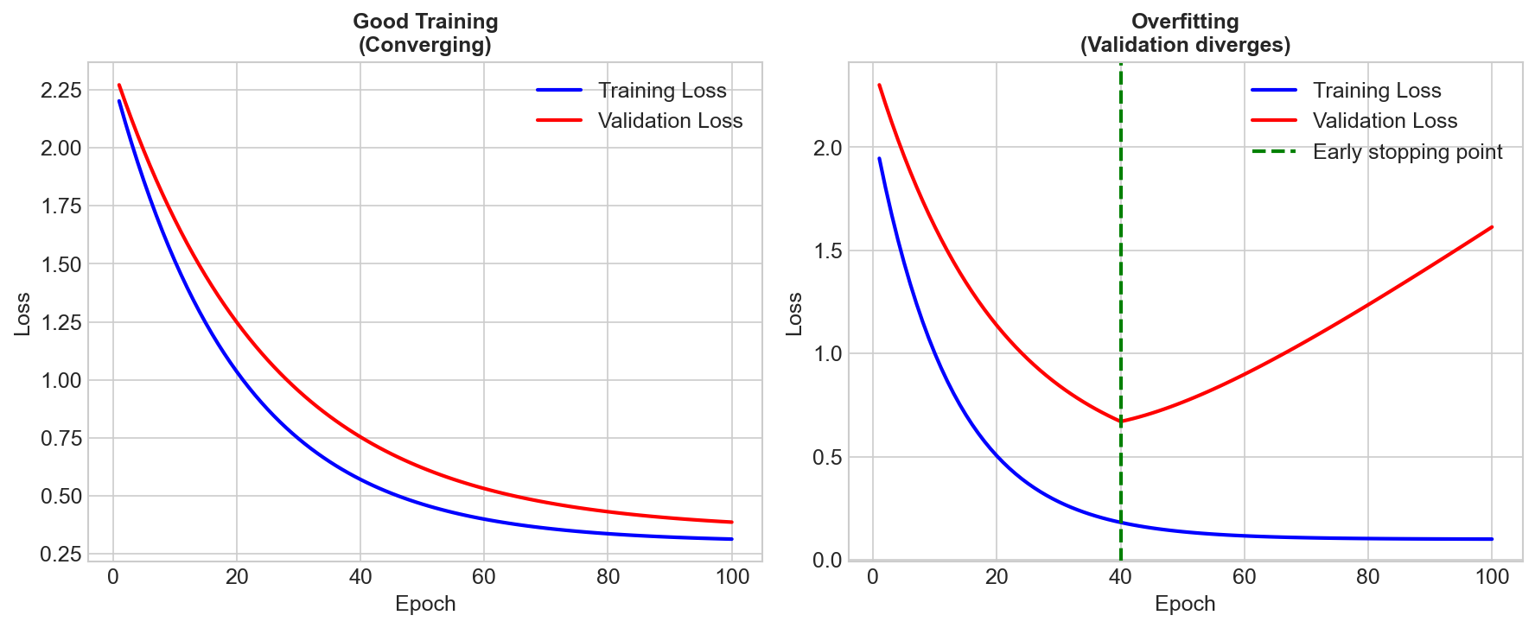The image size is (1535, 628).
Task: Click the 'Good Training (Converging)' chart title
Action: [425, 34]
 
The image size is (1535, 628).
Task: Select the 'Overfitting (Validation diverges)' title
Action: [1185, 34]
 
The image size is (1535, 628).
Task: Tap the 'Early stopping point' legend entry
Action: [1407, 152]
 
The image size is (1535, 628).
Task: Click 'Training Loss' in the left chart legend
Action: [662, 91]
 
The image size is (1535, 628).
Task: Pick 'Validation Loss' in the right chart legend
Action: [1385, 121]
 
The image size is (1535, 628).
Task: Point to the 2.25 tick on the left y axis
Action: [61, 91]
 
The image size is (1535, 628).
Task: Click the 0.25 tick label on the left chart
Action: [61, 554]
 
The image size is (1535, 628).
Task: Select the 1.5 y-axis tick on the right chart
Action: [827, 251]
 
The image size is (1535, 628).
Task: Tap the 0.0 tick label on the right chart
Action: [827, 560]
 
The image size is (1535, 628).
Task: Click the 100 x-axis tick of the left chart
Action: [732, 577]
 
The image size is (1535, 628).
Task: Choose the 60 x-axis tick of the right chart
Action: [1244, 577]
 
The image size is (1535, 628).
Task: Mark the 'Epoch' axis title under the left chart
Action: [425, 604]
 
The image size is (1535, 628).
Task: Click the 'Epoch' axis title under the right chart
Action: [1185, 604]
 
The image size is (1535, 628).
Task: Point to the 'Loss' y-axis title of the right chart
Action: [793, 314]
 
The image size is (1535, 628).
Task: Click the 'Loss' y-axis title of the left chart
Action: [22, 314]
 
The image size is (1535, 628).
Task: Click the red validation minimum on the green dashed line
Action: [1121, 422]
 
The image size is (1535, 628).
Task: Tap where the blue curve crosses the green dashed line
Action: [1121, 523]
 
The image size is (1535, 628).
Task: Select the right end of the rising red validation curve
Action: [1492, 227]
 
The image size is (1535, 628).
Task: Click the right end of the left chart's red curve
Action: [732, 522]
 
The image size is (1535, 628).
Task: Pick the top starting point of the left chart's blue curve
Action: [119, 101]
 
